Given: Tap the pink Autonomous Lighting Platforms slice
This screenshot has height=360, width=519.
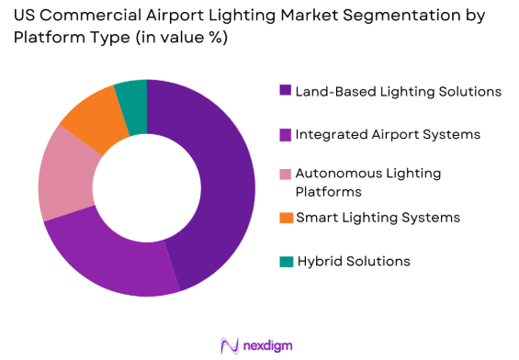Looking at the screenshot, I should click(x=64, y=179).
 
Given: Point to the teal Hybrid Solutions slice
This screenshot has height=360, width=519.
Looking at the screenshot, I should click(x=132, y=96).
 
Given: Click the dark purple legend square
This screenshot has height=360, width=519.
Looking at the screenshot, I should click(x=286, y=91).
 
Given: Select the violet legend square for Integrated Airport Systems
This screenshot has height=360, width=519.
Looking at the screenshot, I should click(x=286, y=135).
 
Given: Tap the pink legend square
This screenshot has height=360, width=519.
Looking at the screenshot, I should click(x=286, y=174).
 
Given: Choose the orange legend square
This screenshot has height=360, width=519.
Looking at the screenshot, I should click(x=286, y=218).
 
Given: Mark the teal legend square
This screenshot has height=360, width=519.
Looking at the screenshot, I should click(x=286, y=261).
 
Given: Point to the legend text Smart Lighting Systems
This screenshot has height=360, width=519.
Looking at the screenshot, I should click(x=378, y=218).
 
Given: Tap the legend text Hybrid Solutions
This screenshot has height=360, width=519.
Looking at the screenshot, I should click(x=353, y=261).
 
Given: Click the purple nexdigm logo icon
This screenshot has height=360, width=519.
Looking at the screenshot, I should click(x=231, y=345).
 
